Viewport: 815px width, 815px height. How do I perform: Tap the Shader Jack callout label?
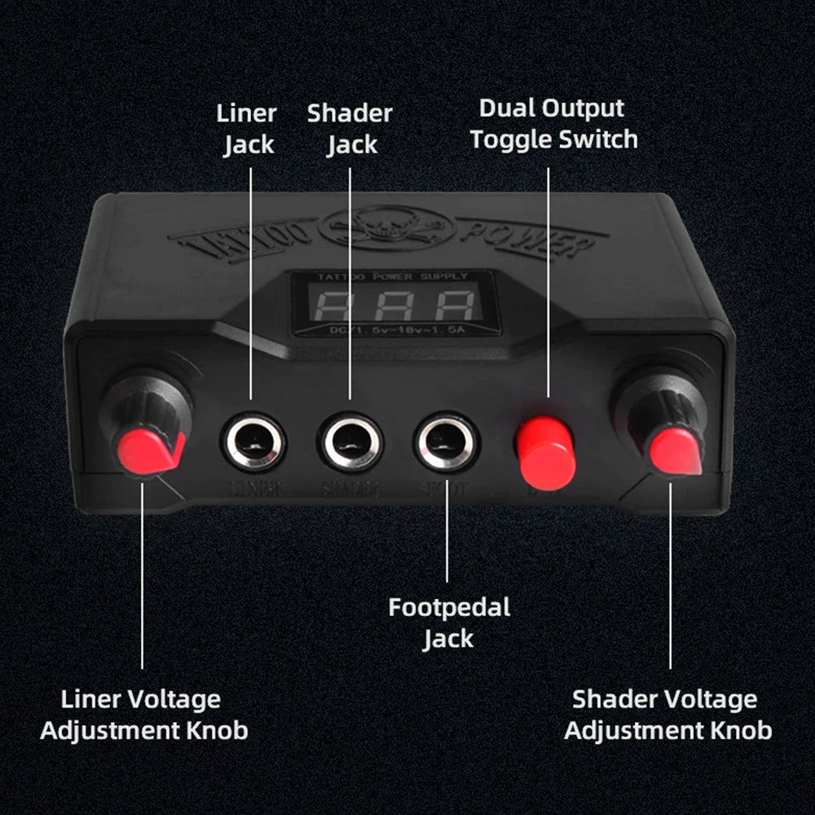(x=350, y=129)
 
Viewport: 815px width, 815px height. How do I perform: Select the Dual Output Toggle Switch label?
(x=553, y=124)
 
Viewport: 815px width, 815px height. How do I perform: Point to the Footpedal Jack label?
(x=448, y=623)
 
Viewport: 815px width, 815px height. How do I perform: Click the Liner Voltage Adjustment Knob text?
(x=143, y=714)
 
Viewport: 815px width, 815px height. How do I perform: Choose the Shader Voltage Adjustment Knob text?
(x=667, y=714)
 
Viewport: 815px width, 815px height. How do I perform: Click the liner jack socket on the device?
(x=253, y=443)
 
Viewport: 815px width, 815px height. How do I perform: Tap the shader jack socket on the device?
(x=350, y=443)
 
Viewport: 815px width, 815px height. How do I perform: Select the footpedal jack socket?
(x=447, y=443)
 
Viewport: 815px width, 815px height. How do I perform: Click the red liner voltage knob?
(x=150, y=448)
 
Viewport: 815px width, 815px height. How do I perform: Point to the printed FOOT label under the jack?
(x=446, y=489)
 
